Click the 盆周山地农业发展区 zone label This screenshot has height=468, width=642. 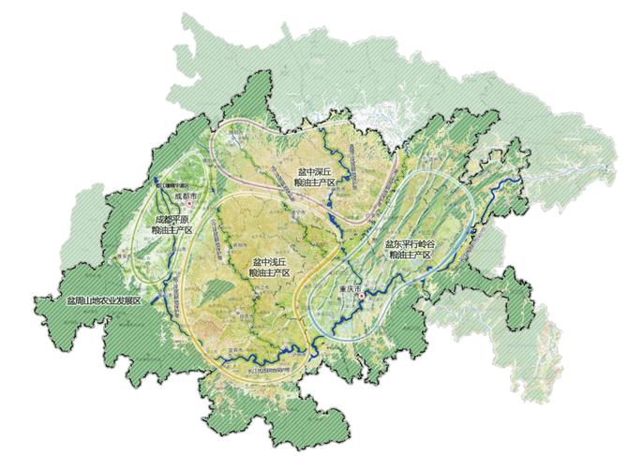click(102, 300)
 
